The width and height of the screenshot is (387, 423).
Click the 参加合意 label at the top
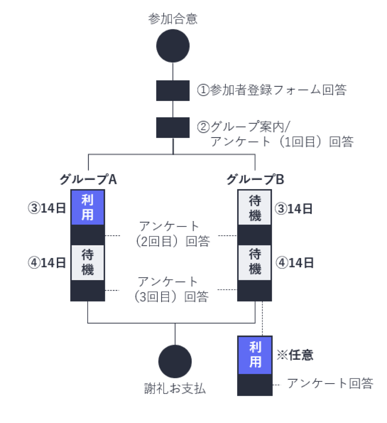click(x=173, y=19)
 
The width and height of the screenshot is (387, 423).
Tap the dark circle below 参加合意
click(x=173, y=46)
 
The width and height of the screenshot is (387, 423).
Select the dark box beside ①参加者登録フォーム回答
click(x=173, y=90)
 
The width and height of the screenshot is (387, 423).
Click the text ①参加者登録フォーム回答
click(x=272, y=90)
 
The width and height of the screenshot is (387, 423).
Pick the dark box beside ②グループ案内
click(x=173, y=127)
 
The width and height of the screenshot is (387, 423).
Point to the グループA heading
click(x=88, y=180)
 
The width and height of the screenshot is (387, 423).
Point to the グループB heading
click(x=255, y=180)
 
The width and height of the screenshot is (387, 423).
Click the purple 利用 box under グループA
click(x=88, y=207)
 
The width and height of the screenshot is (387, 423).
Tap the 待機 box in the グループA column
click(x=88, y=262)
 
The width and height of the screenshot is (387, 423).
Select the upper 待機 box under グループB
click(x=255, y=207)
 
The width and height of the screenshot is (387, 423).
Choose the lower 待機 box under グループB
click(x=255, y=262)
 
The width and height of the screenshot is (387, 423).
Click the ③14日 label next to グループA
click(x=46, y=208)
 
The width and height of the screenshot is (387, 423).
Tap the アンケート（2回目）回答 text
click(x=171, y=234)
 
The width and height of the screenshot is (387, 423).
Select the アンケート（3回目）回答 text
click(x=171, y=289)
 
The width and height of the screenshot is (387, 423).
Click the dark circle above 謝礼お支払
click(x=175, y=361)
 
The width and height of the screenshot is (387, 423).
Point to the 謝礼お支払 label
click(x=175, y=388)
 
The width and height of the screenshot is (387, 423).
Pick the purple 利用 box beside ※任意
click(x=255, y=355)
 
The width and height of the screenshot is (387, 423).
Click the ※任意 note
click(x=295, y=355)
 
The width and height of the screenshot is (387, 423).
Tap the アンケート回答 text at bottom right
click(x=330, y=384)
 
